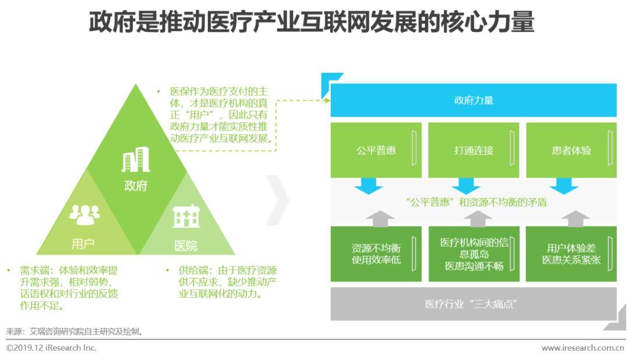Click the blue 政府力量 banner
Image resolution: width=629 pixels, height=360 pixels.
pyautogui.click(x=473, y=100)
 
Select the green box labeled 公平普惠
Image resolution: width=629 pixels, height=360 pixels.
pyautogui.click(x=376, y=150)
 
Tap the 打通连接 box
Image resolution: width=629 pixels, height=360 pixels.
pyautogui.click(x=473, y=150)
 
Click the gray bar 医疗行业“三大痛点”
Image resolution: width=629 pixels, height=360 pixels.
pyautogui.click(x=473, y=304)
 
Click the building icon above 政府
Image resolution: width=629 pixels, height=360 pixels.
pyautogui.click(x=135, y=160)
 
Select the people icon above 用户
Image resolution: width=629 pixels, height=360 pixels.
pyautogui.click(x=84, y=214)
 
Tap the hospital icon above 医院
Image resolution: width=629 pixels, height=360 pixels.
pyautogui.click(x=186, y=217)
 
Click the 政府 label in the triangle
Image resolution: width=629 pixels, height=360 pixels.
pyautogui.click(x=136, y=186)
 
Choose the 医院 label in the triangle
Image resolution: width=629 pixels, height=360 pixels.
pyautogui.click(x=186, y=246)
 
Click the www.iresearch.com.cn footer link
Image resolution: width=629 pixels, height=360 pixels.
pyautogui.click(x=582, y=348)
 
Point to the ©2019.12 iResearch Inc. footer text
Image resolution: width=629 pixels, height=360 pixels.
pyautogui.click(x=51, y=348)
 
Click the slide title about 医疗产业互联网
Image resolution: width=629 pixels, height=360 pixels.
pyautogui.click(x=312, y=23)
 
